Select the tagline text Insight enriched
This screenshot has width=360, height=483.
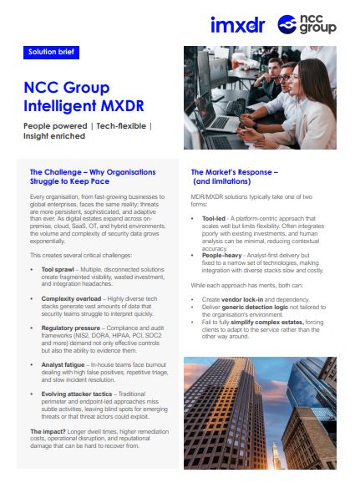(54, 135)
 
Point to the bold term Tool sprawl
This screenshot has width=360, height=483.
(58, 272)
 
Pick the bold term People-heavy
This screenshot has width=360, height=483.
(221, 255)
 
